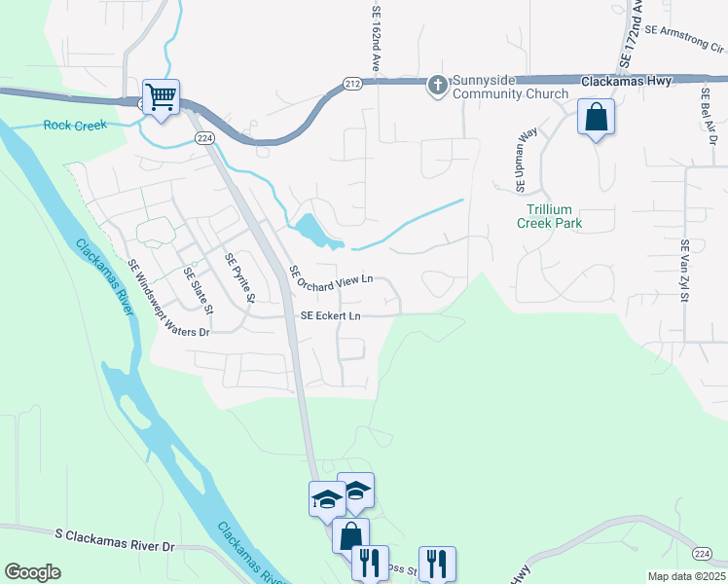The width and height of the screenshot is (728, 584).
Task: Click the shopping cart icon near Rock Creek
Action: click(161, 96)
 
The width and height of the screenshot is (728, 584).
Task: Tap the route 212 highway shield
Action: click(351, 86)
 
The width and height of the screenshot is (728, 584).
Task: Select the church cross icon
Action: click(438, 86)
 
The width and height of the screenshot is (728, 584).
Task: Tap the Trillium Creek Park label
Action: click(549, 216)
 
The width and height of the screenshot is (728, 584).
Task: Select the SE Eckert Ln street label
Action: click(330, 316)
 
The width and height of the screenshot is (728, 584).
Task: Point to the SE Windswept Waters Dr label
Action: click(168, 298)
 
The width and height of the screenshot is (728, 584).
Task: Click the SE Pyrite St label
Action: click(239, 278)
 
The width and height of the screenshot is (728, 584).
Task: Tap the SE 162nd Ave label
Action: click(376, 39)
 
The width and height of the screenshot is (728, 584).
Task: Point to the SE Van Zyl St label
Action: click(685, 272)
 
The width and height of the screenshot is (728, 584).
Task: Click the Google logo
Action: click(32, 572)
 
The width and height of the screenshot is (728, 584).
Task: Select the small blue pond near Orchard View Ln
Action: click(313, 231)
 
